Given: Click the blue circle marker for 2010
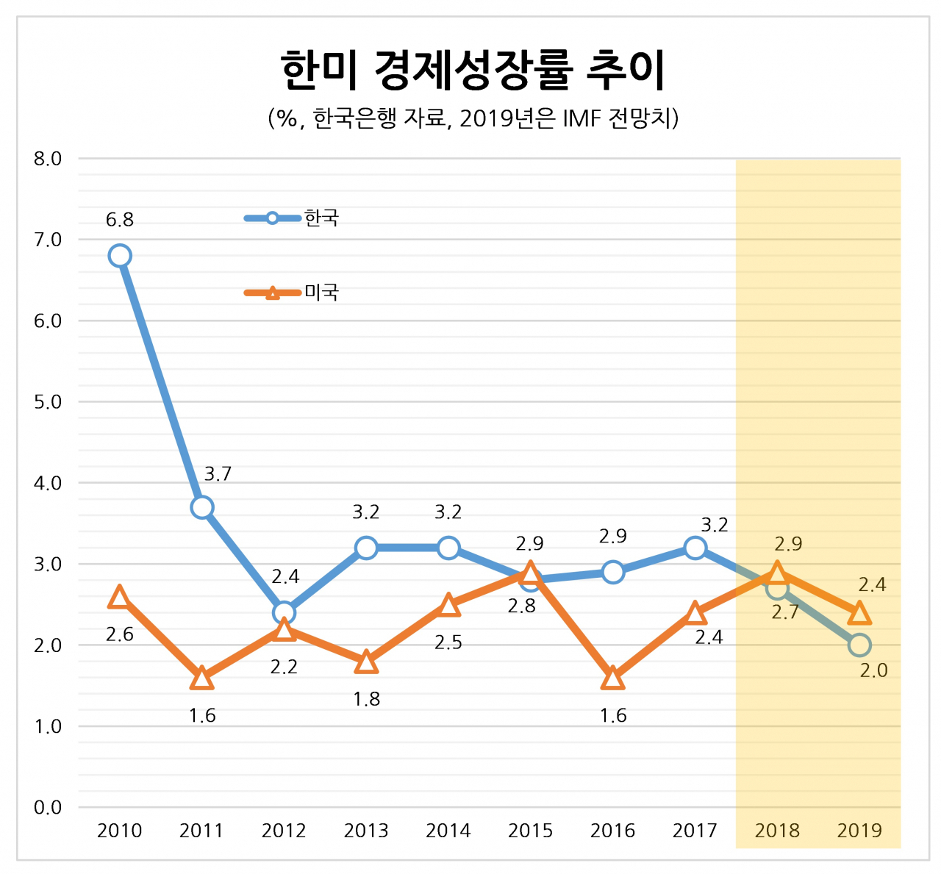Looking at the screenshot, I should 120,256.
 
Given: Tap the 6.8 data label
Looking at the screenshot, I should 120,220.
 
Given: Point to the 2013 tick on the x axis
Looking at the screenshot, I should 366,831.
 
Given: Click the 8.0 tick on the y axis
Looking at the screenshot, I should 48,159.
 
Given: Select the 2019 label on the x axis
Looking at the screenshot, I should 859,831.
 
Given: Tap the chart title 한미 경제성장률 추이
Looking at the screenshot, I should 473,71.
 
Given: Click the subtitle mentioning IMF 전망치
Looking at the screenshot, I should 473,118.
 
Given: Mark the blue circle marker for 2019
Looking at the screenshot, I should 859,645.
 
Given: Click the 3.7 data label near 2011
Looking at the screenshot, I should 218,474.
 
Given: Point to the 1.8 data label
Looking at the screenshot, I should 366,699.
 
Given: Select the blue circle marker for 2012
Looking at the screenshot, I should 284,612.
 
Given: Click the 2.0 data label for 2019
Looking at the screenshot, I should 873,670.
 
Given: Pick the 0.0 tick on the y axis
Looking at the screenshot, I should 48,808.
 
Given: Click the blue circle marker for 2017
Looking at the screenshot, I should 695,548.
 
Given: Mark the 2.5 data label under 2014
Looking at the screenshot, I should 448,642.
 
